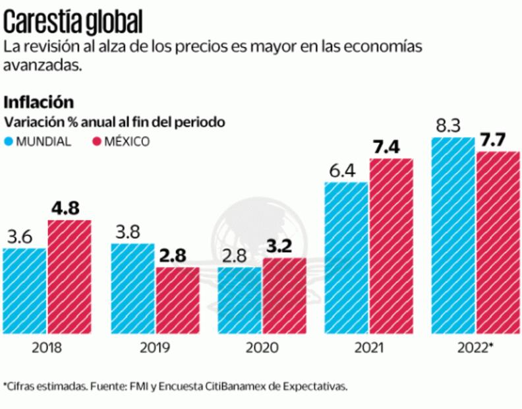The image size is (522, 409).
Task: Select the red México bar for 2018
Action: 69,277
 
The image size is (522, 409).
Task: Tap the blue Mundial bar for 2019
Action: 132,288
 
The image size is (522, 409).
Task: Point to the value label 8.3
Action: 448,126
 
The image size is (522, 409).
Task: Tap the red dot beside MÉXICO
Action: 96,141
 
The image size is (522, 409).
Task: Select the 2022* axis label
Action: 475,348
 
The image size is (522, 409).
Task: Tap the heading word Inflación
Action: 38,102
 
